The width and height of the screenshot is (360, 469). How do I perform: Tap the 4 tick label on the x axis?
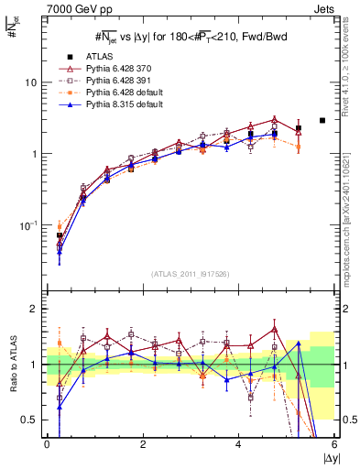[238, 445]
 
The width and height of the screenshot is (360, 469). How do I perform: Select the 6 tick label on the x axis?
[333, 445]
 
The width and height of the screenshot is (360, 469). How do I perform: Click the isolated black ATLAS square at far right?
[322, 120]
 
